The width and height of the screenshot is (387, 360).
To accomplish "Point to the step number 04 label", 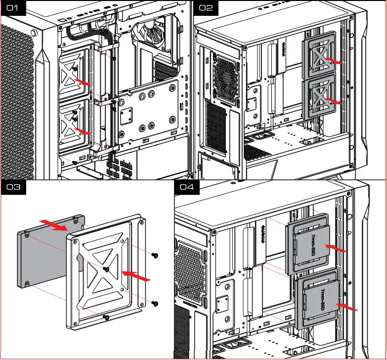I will pyautogui.click(x=187, y=188).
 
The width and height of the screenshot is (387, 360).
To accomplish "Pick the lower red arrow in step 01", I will pyautogui.click(x=82, y=131).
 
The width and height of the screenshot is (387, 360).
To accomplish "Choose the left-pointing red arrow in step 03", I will pyautogui.click(x=135, y=275).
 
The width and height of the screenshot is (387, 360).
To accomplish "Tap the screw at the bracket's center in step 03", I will pyautogui.click(x=106, y=270).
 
